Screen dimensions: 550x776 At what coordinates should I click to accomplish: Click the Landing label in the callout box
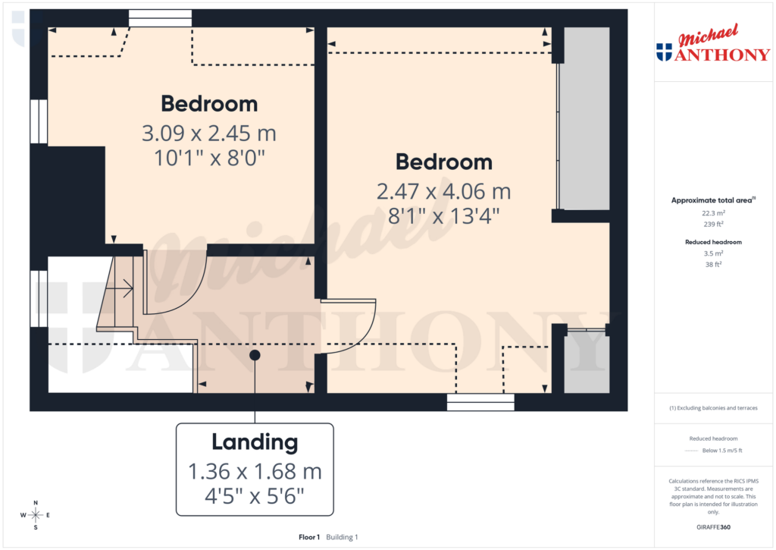tap(255, 442)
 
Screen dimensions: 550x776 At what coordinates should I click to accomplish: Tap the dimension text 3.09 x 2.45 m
tap(208, 134)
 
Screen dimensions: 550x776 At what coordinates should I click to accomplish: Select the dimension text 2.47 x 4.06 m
tap(443, 191)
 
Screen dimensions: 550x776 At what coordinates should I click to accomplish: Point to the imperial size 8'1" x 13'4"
tap(443, 215)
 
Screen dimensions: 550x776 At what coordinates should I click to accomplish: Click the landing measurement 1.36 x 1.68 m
tap(255, 471)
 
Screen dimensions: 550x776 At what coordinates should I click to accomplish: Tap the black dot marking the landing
tap(255, 355)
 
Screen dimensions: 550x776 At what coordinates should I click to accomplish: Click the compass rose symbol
tap(36, 515)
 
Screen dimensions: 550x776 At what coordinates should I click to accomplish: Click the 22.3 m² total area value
tap(712, 214)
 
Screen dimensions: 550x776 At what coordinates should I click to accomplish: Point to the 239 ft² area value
tap(712, 225)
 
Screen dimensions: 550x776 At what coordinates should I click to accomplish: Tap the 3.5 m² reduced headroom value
tap(712, 253)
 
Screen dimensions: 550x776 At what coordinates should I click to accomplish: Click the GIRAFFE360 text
tap(714, 526)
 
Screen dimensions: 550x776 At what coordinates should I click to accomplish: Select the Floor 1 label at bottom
tap(309, 537)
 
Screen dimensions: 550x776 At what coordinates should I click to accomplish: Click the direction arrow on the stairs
tap(125, 288)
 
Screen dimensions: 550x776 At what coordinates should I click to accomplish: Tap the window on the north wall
tap(160, 18)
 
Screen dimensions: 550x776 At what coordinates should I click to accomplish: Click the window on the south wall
tap(480, 402)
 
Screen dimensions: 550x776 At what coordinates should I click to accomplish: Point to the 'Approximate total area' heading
tap(712, 200)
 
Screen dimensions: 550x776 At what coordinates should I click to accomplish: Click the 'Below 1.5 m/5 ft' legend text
tap(722, 451)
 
